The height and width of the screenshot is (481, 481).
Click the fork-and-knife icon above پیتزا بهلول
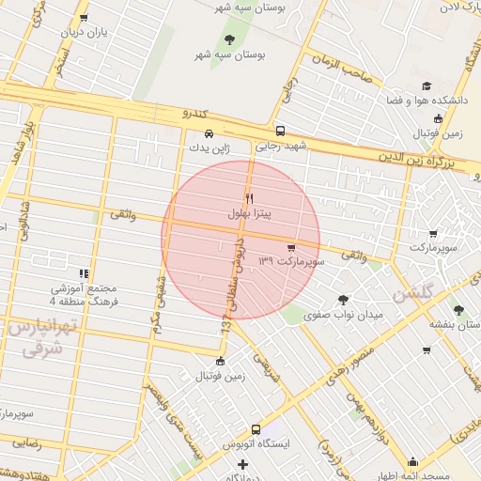249,198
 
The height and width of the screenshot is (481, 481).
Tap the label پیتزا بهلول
249,214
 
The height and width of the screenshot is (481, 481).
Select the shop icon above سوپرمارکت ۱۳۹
303,247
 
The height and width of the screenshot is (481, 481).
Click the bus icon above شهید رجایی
280,132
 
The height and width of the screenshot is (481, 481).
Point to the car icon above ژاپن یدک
209,132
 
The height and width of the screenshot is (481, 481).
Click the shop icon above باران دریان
84,18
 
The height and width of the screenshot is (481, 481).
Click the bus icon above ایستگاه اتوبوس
256,428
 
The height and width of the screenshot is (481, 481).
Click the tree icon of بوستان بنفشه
458,309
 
